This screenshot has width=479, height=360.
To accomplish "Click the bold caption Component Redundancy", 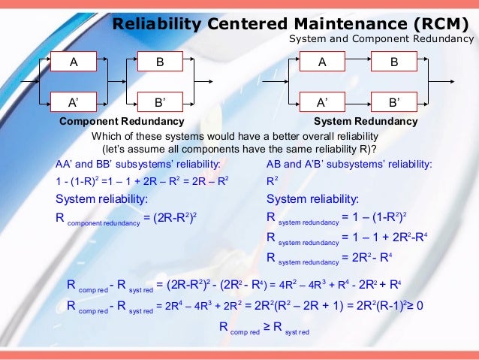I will pyautogui.click(x=122, y=122).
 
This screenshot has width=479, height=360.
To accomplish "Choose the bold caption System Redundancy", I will pyautogui.click(x=366, y=122).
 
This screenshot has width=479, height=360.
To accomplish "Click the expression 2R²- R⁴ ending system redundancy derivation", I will pyautogui.click(x=363, y=256).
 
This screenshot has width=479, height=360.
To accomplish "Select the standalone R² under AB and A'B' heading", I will pyautogui.click(x=272, y=181).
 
